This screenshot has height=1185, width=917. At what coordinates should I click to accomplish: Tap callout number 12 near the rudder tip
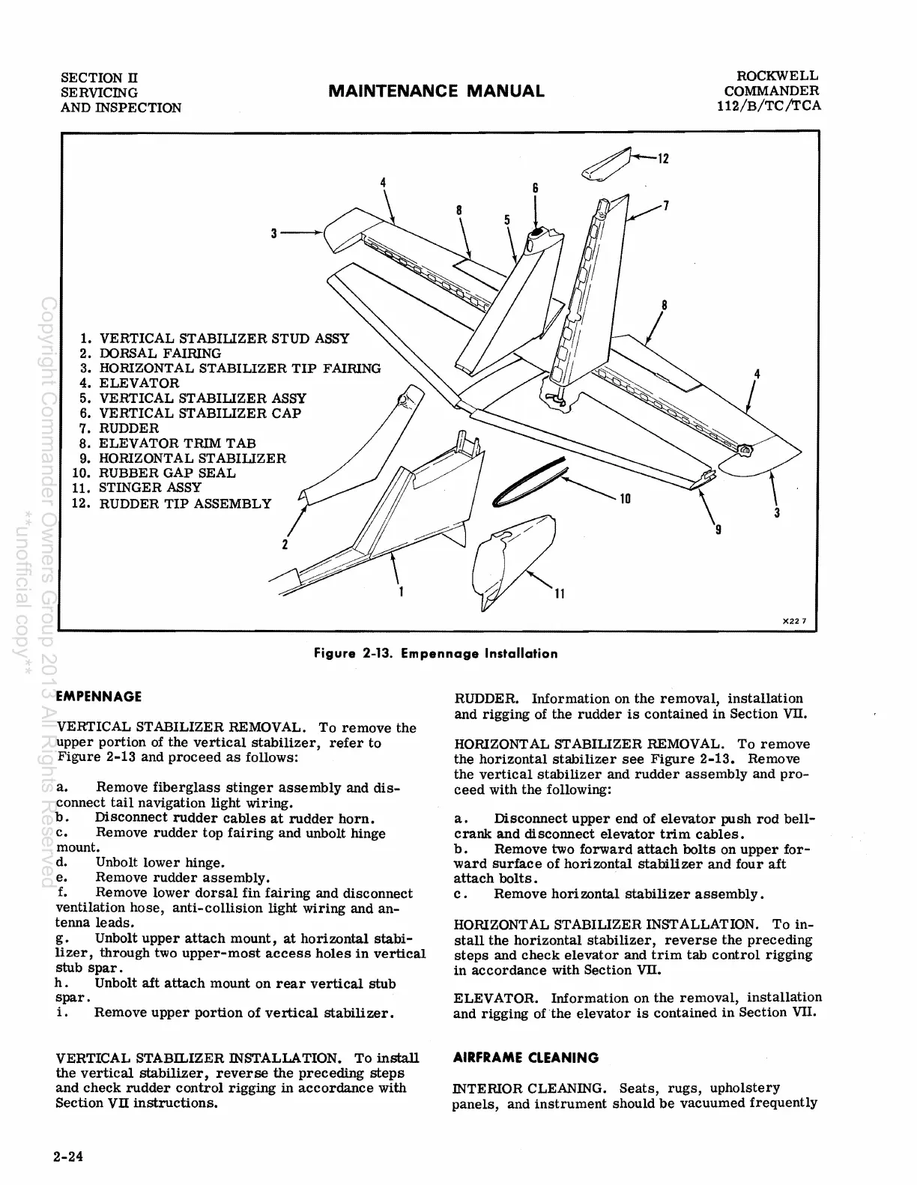coord(662,159)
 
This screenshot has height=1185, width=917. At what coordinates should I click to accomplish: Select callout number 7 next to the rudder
coord(665,205)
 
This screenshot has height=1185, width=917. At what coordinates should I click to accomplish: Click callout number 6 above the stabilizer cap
coord(535,188)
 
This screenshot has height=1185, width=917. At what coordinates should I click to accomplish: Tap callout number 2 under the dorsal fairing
coord(285,544)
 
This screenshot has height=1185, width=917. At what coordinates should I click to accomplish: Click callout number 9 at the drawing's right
coord(718,530)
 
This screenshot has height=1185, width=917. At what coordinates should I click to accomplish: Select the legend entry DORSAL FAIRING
coord(160,353)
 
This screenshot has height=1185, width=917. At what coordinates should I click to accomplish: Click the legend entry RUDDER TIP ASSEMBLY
coord(184,503)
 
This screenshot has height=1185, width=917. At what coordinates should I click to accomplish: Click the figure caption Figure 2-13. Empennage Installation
coord(436,653)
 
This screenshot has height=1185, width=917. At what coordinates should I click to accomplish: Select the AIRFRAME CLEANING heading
coord(526,1058)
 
